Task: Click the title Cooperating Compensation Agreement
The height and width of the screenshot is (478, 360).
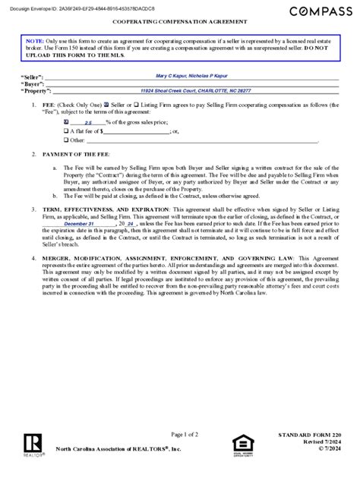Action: [x=179, y=24]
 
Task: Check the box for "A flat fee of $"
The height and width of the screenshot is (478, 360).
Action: [x=67, y=131]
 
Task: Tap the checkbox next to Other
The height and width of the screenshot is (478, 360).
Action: [x=67, y=140]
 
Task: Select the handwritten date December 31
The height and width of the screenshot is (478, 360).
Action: [x=79, y=225]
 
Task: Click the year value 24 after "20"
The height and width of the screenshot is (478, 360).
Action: [x=130, y=225]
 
